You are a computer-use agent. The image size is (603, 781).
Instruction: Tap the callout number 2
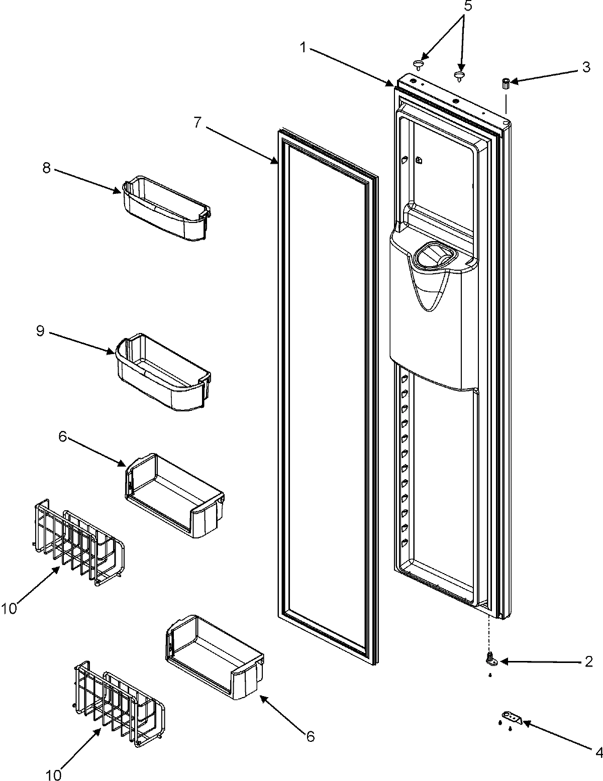[589, 661]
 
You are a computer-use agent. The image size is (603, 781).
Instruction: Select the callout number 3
[586, 67]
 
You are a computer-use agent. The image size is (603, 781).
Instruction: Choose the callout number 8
[46, 168]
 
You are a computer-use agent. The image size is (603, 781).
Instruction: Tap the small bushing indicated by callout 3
[506, 83]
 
